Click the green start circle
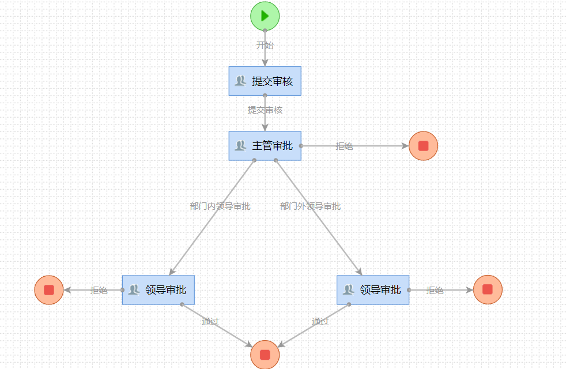[265, 16]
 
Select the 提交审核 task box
[265, 81]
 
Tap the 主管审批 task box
[265, 146]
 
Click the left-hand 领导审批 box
[159, 289]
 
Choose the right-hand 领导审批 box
[373, 289]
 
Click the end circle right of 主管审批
[424, 146]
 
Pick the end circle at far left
[49, 289]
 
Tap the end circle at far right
[488, 289]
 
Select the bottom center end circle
[265, 354]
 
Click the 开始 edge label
[265, 45]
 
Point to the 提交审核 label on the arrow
[265, 110]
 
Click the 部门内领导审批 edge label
[220, 206]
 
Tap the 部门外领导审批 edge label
[310, 206]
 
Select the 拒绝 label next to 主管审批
[344, 146]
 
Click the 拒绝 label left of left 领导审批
[99, 290]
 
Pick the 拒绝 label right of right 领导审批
[435, 290]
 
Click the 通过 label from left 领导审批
[210, 321]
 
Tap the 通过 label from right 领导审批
[320, 321]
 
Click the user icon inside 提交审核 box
[240, 81]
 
